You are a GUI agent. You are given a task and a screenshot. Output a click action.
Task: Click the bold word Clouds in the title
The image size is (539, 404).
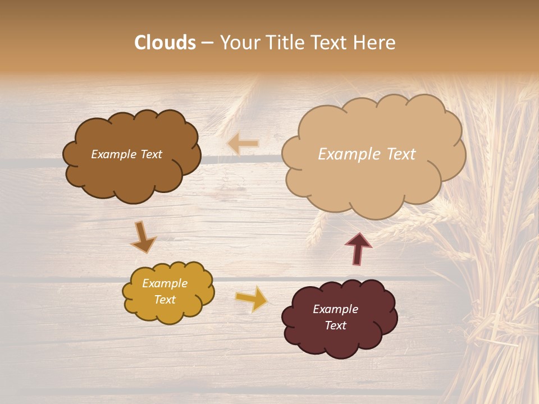[165, 43]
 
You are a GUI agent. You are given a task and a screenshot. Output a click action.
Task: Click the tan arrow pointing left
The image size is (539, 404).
[243, 144]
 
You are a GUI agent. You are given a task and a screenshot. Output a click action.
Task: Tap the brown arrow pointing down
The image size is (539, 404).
[143, 237]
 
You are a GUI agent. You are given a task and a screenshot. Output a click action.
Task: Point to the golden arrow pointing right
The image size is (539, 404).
[252, 299]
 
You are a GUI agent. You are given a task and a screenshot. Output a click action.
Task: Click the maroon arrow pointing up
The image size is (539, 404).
[358, 249]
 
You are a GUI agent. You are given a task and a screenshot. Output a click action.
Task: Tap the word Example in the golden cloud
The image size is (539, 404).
[165, 283]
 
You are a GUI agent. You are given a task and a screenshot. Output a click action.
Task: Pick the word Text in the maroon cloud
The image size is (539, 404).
[335, 325]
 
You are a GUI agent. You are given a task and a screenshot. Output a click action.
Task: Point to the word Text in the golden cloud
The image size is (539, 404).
[165, 300]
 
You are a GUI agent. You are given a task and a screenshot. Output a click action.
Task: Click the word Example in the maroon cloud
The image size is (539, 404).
[335, 309]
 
